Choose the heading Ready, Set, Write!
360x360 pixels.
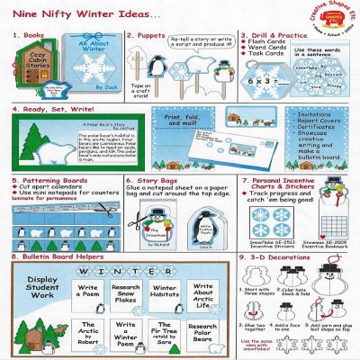(x=58, y=114)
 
